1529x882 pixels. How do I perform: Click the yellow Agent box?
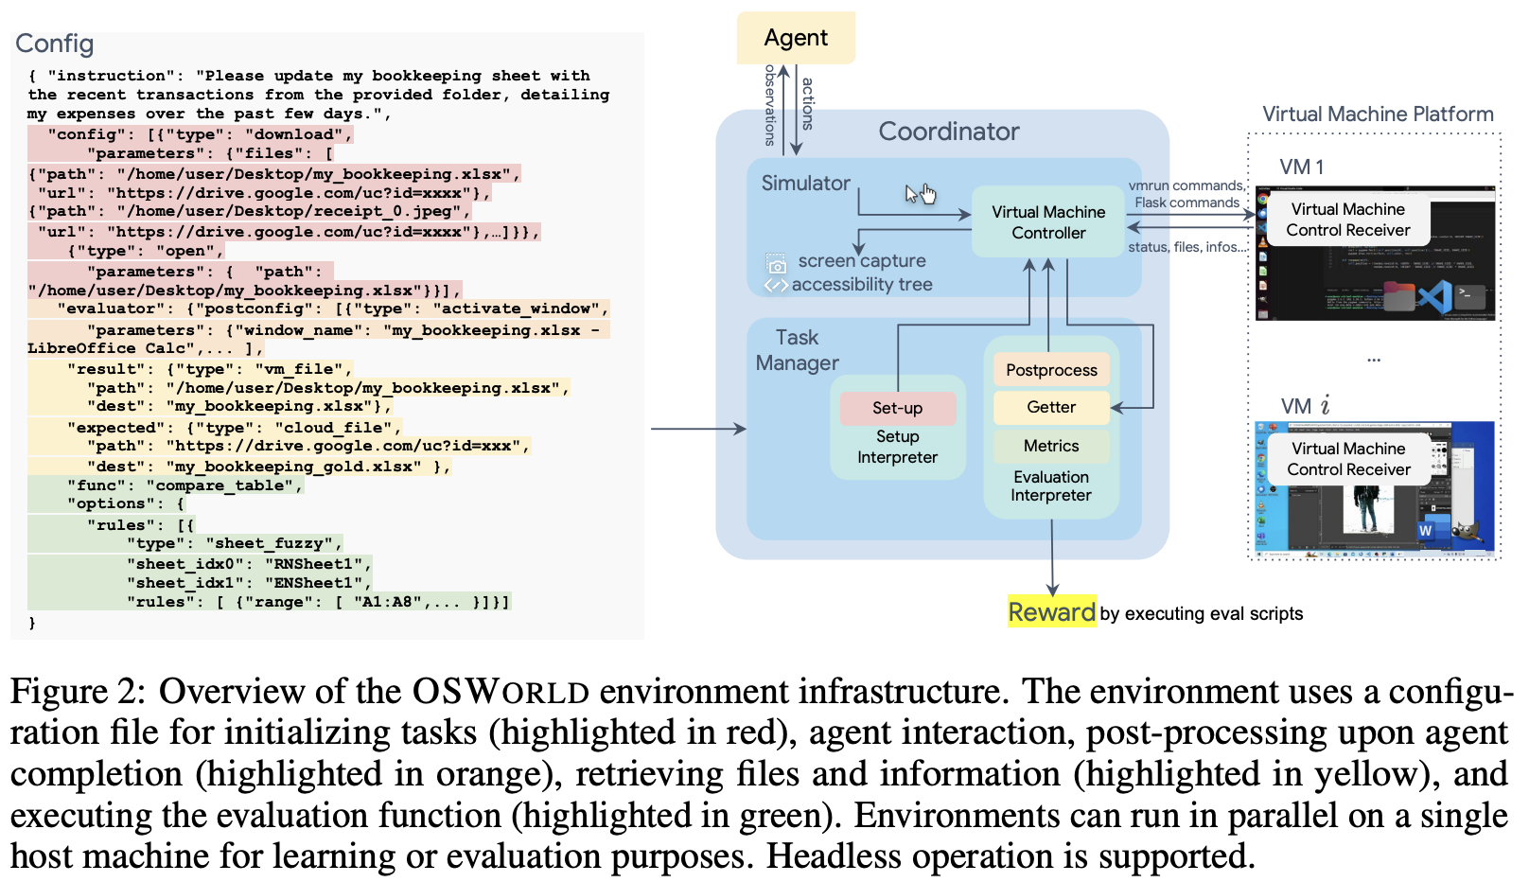(x=796, y=38)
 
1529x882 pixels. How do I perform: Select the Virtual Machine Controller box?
(x=1048, y=222)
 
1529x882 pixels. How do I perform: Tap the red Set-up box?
(x=897, y=408)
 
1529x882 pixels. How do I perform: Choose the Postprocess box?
(x=1051, y=370)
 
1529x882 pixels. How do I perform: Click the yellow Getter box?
(x=1051, y=407)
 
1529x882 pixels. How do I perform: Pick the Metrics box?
(x=1051, y=446)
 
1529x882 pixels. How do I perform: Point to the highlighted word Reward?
(x=1051, y=612)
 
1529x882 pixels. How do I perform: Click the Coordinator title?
(x=948, y=132)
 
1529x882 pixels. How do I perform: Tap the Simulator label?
(x=805, y=184)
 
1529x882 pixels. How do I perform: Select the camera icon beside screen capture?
(x=777, y=264)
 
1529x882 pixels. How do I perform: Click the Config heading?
(x=55, y=44)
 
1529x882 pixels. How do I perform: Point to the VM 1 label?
(x=1302, y=168)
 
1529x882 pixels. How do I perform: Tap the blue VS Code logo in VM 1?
(x=1434, y=296)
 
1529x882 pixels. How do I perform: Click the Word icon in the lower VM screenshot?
(x=1425, y=531)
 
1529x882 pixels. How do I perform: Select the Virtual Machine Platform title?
(x=1378, y=115)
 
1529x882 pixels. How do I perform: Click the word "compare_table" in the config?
(x=223, y=485)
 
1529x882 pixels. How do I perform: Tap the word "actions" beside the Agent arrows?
(x=807, y=103)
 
